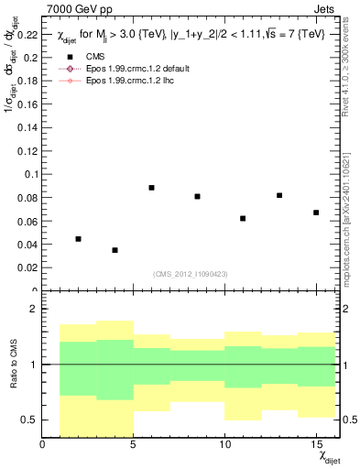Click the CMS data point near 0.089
coord(151,188)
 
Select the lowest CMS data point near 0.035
coord(115,250)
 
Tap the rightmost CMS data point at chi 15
coord(316,213)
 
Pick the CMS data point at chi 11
coord(243,218)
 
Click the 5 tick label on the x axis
coord(134,445)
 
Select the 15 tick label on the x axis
coord(316,445)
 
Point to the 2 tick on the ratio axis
coord(35,310)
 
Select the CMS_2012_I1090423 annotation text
coord(189,275)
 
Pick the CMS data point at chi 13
coord(279,195)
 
